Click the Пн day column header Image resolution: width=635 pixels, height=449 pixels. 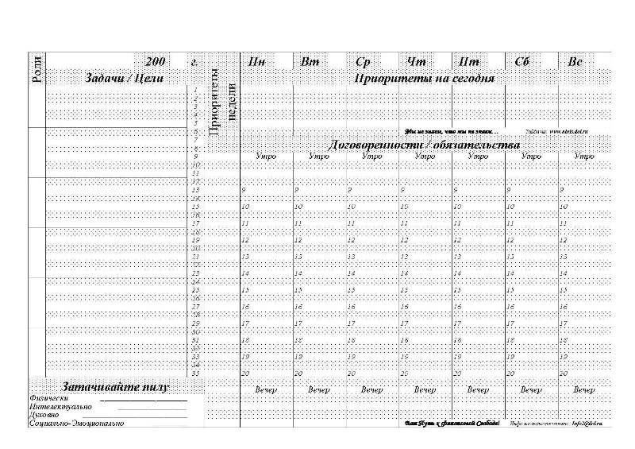pos(256,61)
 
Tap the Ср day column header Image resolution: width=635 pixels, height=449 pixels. pos(364,61)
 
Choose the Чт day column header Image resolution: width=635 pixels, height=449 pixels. pos(416,61)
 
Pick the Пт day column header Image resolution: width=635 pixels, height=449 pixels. pos(468,61)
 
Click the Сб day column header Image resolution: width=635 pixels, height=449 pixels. pos(522,61)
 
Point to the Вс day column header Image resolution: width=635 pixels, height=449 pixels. pos(575,61)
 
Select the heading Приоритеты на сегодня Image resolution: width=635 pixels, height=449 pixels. pos(425,79)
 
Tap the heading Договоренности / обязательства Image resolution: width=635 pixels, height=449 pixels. pos(425,145)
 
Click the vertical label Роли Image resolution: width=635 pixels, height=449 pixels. pos(36,71)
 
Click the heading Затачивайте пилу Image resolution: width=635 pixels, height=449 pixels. pos(115,387)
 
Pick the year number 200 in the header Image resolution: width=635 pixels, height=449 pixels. pos(156,61)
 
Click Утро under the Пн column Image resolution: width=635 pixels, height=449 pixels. pos(266,157)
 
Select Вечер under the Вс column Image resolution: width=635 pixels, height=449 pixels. pos(584,390)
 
